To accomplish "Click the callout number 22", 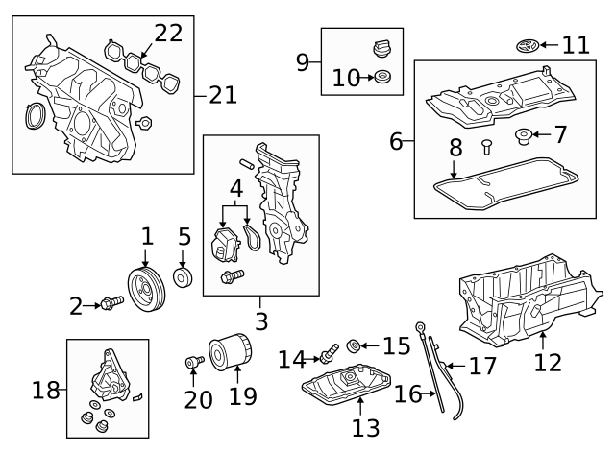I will tap(167, 33).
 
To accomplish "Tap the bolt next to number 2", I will tap(112, 304).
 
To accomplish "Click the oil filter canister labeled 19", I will tap(230, 353).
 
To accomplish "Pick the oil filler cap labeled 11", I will tap(525, 45).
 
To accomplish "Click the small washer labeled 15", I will tap(355, 344).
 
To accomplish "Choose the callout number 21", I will tap(222, 94).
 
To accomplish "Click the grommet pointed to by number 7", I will tap(525, 134).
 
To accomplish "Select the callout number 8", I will tap(455, 148).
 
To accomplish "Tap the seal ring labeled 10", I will tap(381, 78).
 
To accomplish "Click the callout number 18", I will tap(45, 390).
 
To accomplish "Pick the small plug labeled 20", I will tap(192, 362).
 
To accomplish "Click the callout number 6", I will tap(395, 142).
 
